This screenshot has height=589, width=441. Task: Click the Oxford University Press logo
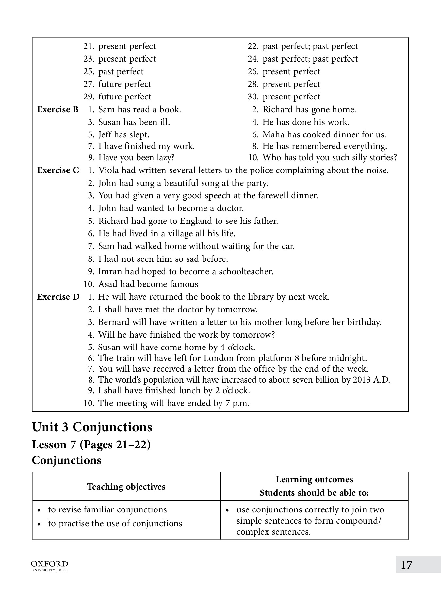coord(49,565)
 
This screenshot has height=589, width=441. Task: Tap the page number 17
coord(406,565)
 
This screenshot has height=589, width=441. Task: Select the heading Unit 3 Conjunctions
coord(92,427)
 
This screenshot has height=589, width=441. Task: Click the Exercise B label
coord(58,109)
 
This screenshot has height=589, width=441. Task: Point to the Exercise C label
coord(58,170)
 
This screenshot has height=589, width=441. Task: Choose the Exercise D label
coord(58,297)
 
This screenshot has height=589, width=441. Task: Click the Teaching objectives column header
coord(126,487)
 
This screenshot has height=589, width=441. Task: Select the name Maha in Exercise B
coord(272,134)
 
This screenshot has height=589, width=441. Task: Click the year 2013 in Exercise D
coord(362,380)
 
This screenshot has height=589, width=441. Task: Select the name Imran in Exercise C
coord(110,271)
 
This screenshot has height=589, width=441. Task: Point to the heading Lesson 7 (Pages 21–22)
coord(91,445)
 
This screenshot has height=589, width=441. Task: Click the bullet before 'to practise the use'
coord(39,524)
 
